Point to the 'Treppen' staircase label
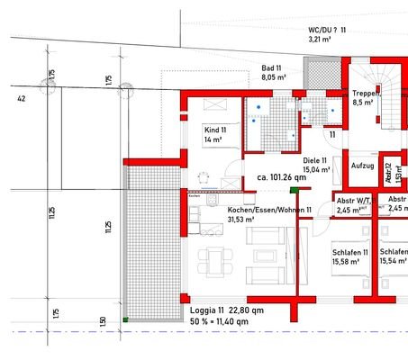click(366, 94)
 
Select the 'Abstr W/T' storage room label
click(354, 201)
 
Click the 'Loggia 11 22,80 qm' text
click(227, 310)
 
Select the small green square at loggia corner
click(126, 319)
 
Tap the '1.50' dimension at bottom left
click(102, 321)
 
